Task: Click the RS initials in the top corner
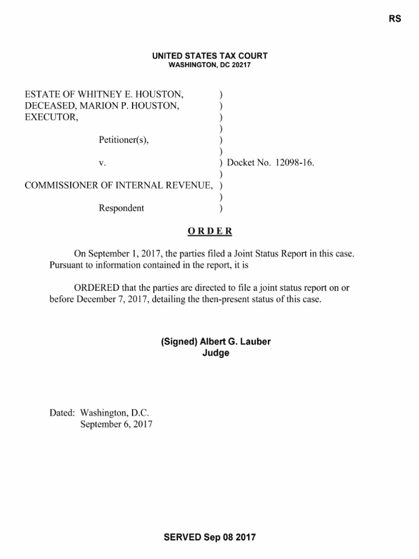click(395, 19)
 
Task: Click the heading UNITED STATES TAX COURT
click(209, 56)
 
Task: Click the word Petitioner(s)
click(123, 140)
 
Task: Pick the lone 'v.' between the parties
click(101, 163)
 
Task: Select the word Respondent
click(121, 208)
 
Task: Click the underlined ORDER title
click(209, 231)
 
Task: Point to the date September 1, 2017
click(121, 254)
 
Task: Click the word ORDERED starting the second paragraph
click(97, 288)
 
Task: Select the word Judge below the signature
click(216, 353)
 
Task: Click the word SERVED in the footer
click(182, 537)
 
